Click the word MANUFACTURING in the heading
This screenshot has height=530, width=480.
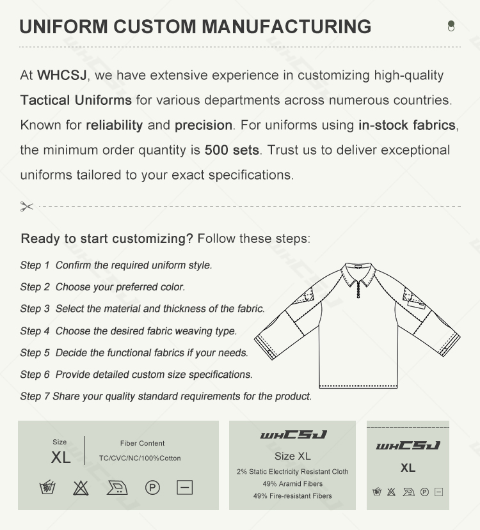(286, 27)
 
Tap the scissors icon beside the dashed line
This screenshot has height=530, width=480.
(26, 207)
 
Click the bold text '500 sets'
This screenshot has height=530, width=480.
(232, 150)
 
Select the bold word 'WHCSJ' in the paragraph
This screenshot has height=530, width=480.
(61, 75)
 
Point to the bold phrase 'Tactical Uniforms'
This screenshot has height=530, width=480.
(76, 100)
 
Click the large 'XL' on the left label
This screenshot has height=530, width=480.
(61, 458)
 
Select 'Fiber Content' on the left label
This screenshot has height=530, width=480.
(142, 443)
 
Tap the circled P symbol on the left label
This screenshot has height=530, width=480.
(152, 488)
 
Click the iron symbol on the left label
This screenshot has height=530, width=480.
(116, 488)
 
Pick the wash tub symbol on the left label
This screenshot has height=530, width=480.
(47, 488)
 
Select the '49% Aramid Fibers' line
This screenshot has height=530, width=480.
(292, 484)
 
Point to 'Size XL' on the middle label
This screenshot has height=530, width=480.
(292, 456)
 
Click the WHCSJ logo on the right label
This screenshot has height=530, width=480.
(408, 446)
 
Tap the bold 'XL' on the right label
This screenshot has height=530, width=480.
(408, 468)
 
